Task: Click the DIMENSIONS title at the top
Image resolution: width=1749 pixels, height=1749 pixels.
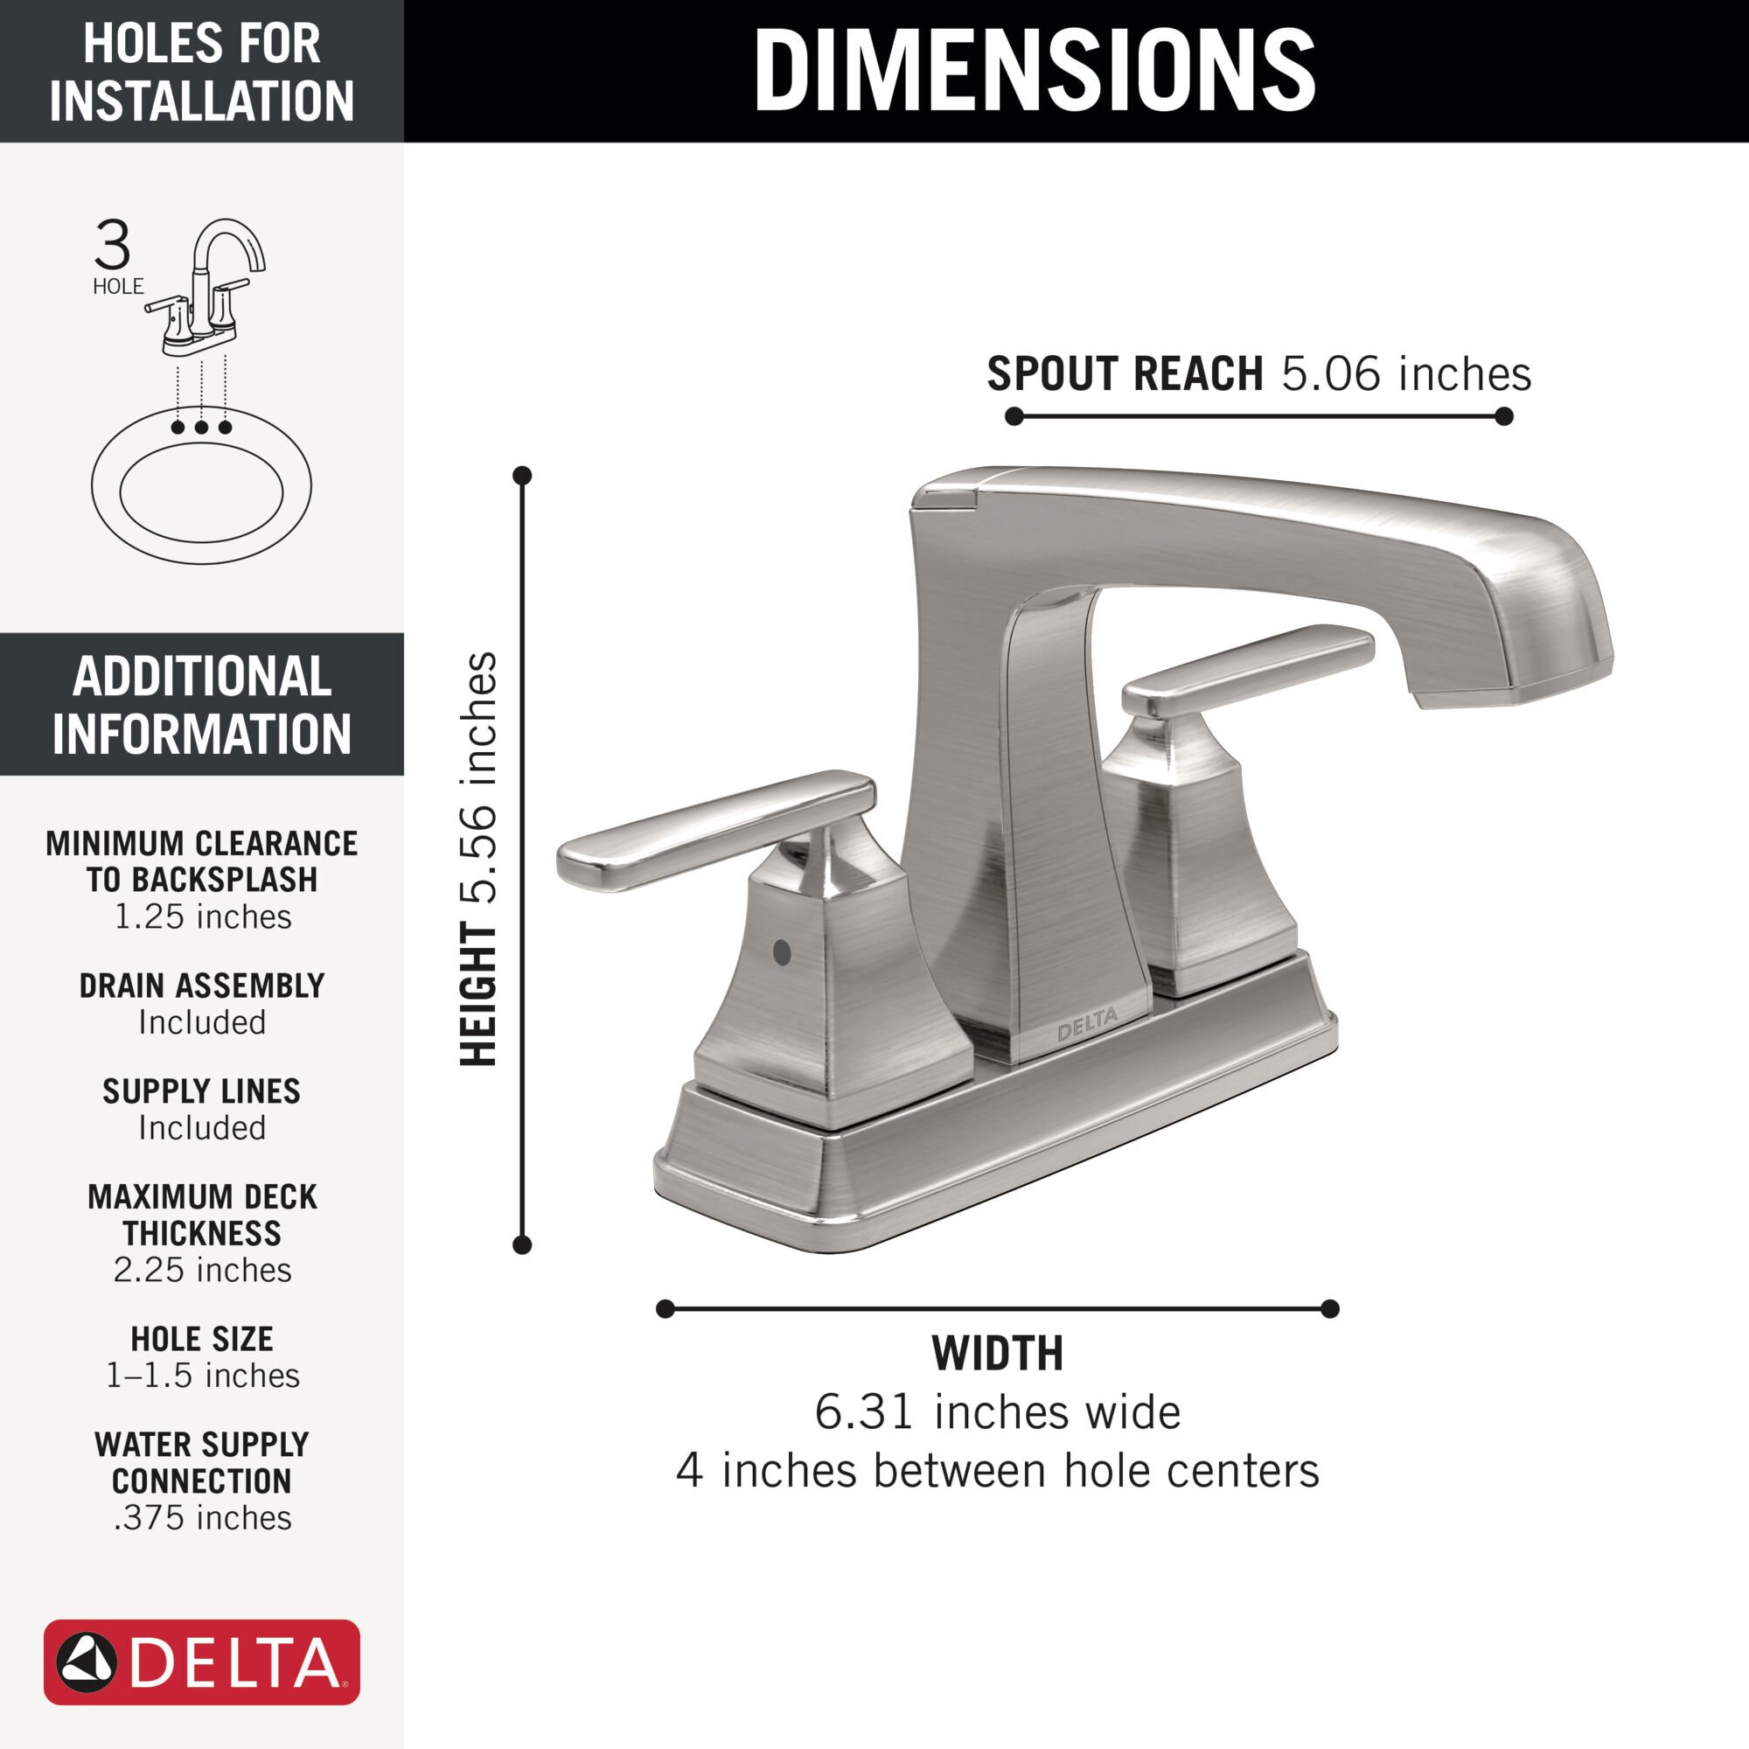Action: coord(1034,71)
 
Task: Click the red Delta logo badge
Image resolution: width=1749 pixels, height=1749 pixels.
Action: coord(202,1662)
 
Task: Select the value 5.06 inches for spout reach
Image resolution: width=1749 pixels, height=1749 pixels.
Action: coord(1406,373)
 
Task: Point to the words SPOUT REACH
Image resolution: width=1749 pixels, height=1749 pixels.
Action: coord(1125,373)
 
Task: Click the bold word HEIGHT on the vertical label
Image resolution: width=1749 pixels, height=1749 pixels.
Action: coord(479,993)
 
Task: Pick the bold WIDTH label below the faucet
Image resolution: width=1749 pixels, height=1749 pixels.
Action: coord(997,1354)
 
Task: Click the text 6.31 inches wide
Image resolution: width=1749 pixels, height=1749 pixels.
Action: coord(997,1411)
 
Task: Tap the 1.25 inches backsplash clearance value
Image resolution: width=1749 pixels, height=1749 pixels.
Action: coord(202,917)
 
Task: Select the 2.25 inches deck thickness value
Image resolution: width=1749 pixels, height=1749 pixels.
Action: coord(202,1270)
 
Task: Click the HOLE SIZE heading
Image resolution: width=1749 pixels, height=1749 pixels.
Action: coord(202,1339)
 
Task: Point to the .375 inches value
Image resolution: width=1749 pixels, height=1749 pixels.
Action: coord(202,1518)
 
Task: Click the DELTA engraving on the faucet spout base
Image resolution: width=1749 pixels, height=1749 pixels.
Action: coord(1087,1024)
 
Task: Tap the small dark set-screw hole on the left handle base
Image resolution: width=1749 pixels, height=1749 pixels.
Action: coord(783,952)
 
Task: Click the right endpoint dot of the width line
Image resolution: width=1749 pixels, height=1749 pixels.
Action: coord(1330,1308)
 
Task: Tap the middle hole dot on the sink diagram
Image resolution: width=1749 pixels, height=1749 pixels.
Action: coord(201,427)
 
